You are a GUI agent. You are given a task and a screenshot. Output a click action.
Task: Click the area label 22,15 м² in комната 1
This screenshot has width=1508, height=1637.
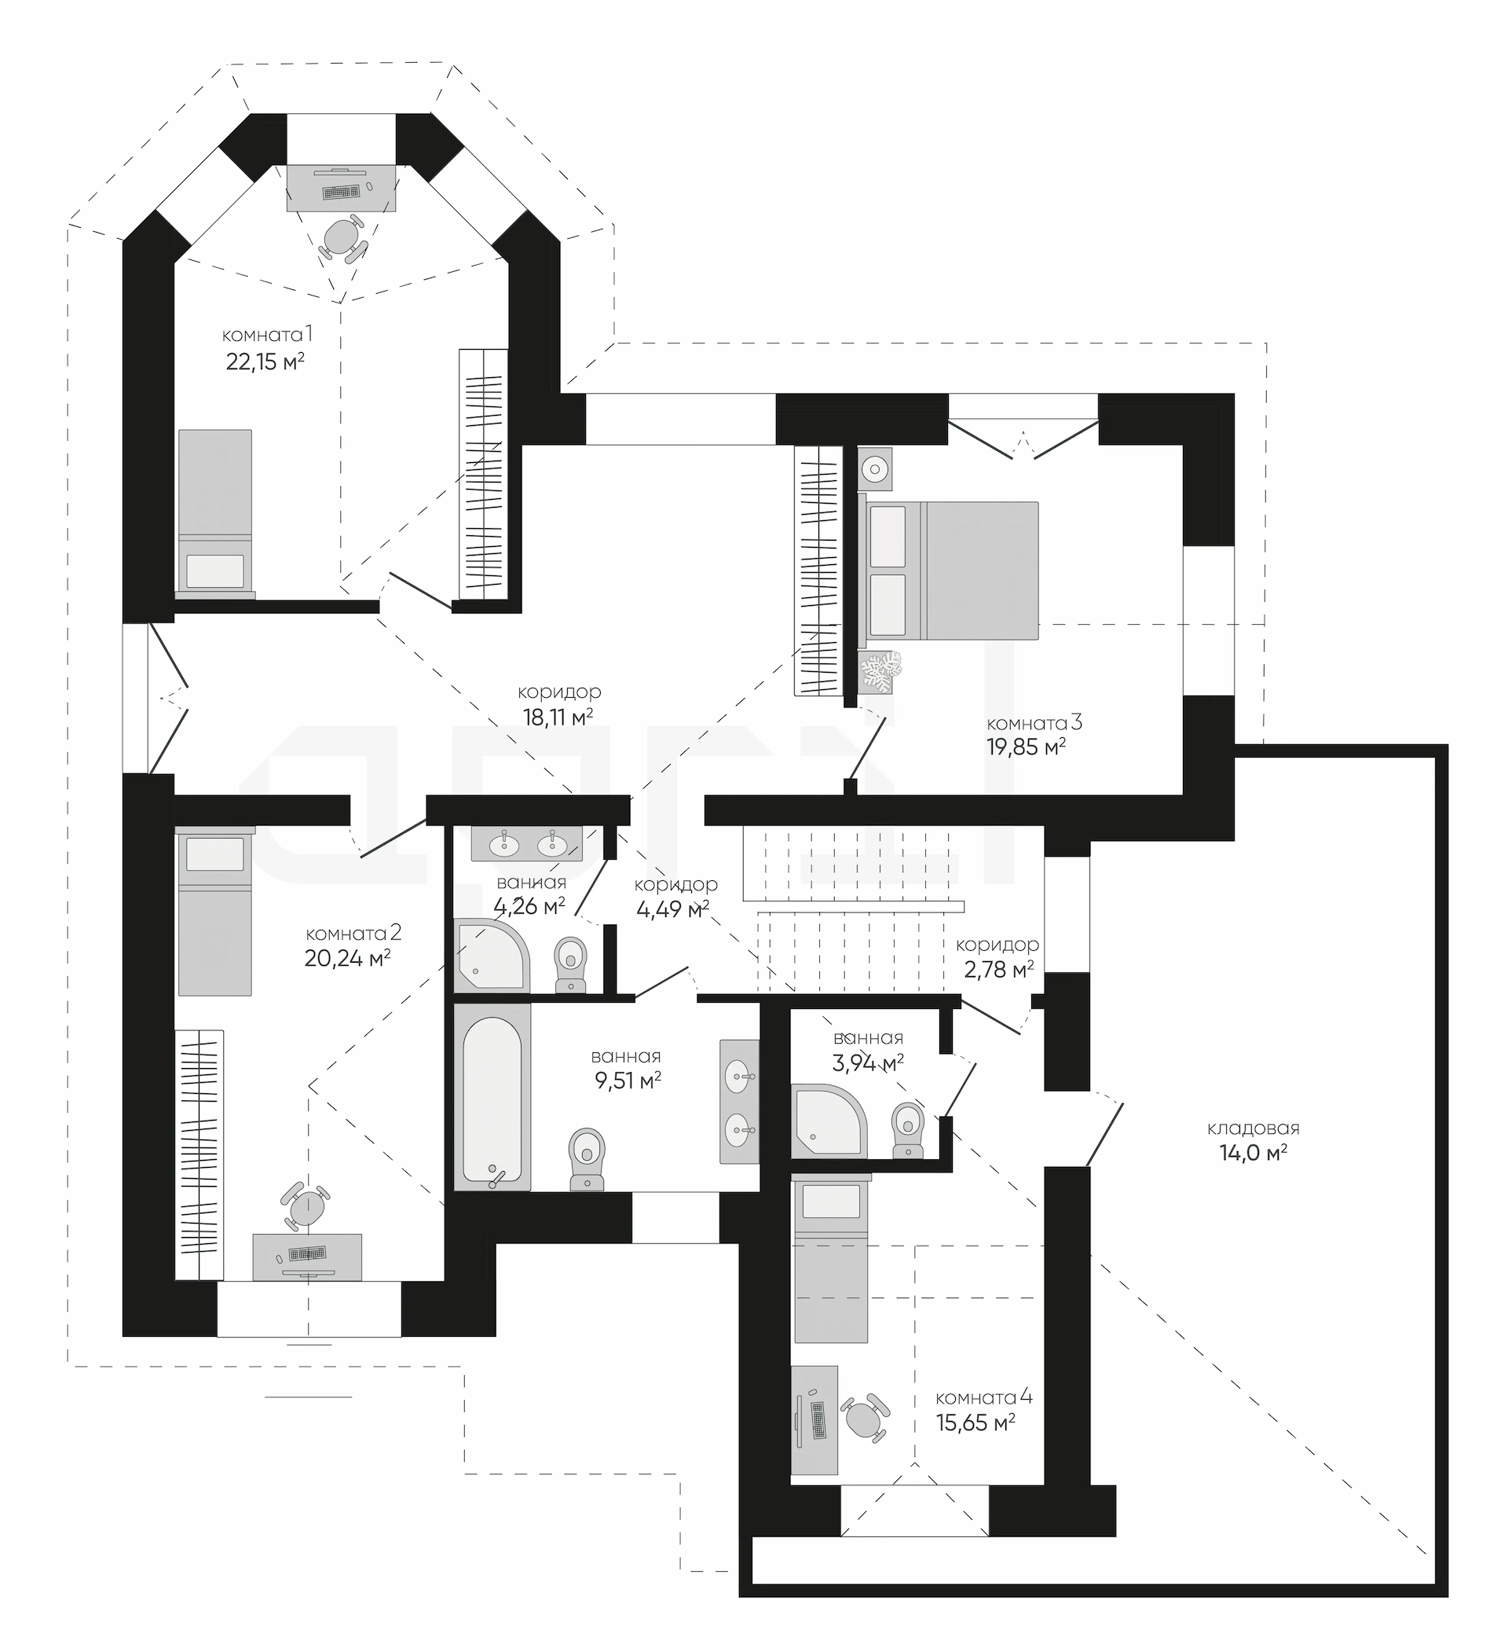pyautogui.click(x=265, y=361)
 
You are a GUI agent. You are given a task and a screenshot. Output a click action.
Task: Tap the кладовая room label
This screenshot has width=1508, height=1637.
pyautogui.click(x=1254, y=1129)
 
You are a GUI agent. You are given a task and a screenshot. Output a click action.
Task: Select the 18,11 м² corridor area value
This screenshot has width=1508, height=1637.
pyautogui.click(x=558, y=718)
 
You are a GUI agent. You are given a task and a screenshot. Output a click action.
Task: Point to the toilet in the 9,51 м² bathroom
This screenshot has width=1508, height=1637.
pyautogui.click(x=587, y=1158)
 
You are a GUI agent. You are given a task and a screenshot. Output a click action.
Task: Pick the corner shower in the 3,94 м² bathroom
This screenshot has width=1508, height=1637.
pyautogui.click(x=829, y=1120)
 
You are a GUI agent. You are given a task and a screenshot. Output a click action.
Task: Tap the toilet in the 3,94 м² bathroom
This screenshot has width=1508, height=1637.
pyautogui.click(x=907, y=1130)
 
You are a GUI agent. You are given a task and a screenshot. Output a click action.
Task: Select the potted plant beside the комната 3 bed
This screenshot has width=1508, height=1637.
pyautogui.click(x=880, y=671)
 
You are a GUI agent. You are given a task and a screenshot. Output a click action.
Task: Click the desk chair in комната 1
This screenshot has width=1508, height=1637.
pyautogui.click(x=342, y=238)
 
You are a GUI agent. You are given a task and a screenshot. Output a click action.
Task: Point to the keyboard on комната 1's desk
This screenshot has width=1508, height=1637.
pyautogui.click(x=342, y=192)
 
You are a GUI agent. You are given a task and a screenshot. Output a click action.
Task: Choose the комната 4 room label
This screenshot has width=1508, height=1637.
pyautogui.click(x=984, y=1397)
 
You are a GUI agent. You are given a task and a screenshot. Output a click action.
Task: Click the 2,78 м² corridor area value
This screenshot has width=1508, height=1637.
pyautogui.click(x=998, y=970)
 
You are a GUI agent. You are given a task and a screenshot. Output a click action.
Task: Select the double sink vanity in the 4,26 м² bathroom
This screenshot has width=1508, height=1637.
pyautogui.click(x=527, y=843)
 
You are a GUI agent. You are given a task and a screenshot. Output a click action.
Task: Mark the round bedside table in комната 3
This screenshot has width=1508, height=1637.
pyautogui.click(x=875, y=468)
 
